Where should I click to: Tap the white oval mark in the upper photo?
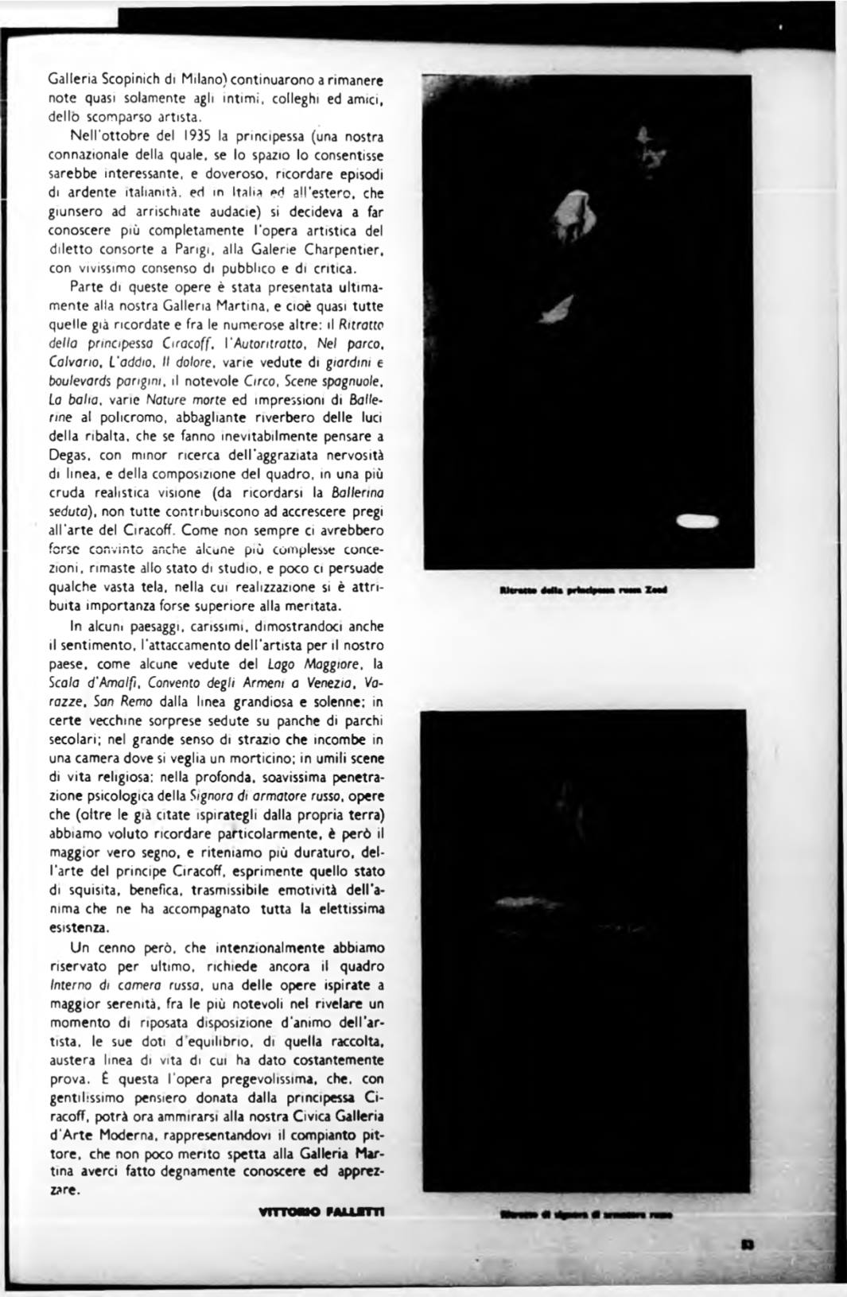click(x=696, y=522)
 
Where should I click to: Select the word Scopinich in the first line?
click(x=130, y=81)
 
